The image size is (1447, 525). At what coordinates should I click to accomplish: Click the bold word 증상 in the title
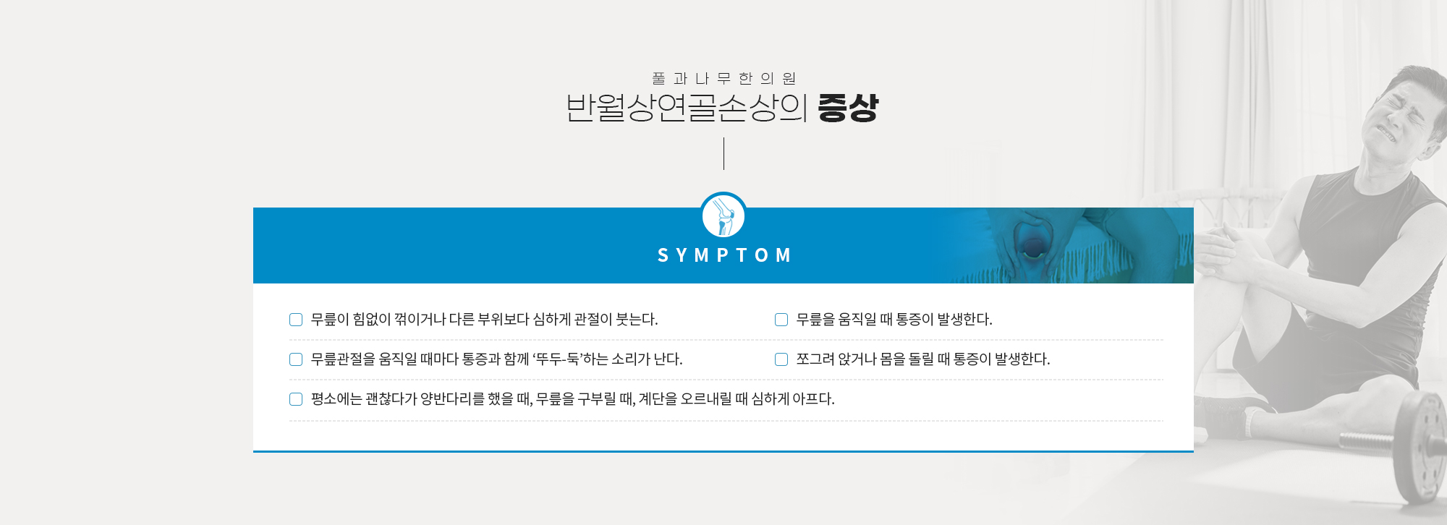[848, 108]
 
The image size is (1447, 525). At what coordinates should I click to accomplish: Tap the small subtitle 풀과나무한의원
[723, 78]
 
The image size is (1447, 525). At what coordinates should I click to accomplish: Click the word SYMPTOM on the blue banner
[724, 255]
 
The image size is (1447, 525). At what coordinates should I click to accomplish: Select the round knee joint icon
[723, 215]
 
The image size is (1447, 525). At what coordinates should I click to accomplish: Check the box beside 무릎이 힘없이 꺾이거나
[296, 320]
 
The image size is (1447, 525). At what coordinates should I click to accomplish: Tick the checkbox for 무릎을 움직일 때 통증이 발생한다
[781, 320]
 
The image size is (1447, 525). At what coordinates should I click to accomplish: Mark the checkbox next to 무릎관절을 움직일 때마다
[296, 359]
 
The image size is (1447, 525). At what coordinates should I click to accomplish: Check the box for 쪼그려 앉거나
[781, 359]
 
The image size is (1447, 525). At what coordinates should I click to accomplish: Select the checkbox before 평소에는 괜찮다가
[296, 399]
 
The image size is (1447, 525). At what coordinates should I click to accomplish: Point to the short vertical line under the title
[723, 153]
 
